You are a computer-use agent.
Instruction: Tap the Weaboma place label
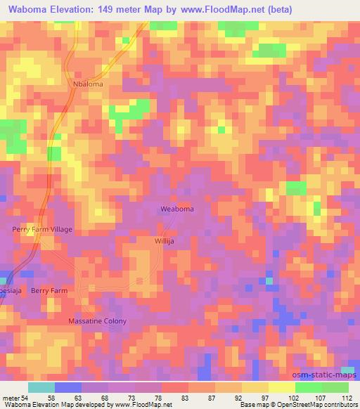177,209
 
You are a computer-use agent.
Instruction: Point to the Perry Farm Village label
42,229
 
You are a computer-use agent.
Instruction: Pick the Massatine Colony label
97,321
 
